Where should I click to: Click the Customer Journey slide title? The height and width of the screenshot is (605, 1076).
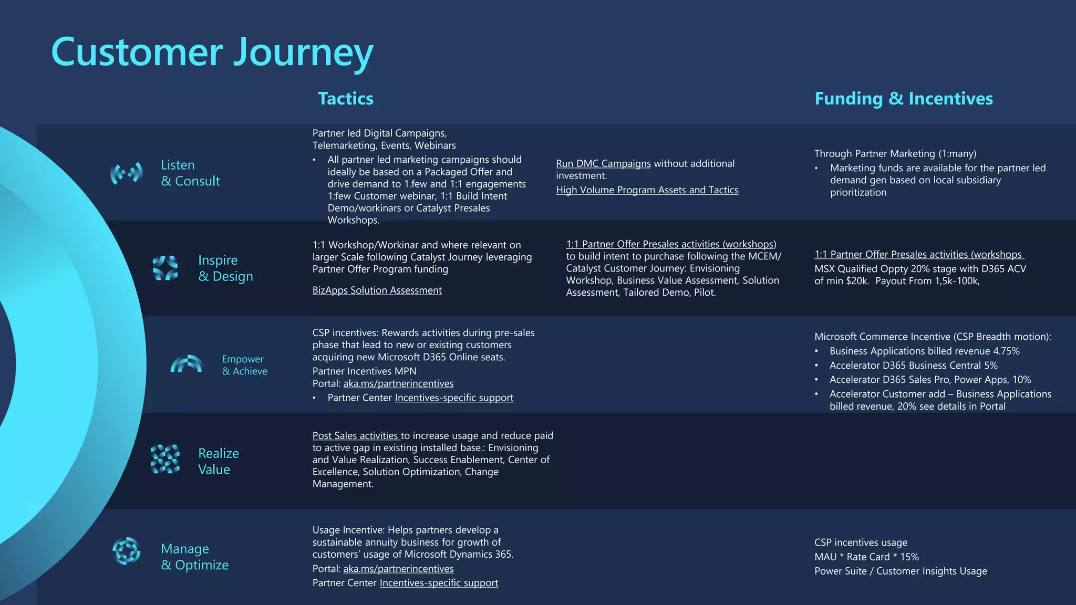212,53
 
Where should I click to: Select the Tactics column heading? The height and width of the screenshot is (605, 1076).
345,99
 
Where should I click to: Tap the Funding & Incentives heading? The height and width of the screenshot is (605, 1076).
903,99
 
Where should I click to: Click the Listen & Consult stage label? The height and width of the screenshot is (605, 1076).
190,173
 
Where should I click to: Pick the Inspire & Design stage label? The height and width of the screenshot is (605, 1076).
225,268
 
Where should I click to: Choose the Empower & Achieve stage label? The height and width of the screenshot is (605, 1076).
244,365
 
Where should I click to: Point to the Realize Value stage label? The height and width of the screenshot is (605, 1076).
218,461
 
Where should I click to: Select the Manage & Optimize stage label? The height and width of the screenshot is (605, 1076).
194,557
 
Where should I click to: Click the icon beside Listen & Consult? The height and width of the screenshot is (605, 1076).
127,173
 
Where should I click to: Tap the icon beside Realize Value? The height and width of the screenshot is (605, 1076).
165,460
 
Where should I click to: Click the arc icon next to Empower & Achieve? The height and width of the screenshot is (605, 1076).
187,364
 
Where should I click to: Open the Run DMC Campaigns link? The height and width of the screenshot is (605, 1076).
603,164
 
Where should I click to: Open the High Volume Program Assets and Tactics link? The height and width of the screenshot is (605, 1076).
647,190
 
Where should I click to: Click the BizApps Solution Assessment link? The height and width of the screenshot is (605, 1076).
377,290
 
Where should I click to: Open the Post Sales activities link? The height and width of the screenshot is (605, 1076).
356,436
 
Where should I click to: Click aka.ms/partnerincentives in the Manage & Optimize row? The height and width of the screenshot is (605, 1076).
398,569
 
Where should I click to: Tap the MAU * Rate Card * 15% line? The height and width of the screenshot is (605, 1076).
866,557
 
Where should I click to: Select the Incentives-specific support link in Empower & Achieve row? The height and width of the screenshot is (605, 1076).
454,398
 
